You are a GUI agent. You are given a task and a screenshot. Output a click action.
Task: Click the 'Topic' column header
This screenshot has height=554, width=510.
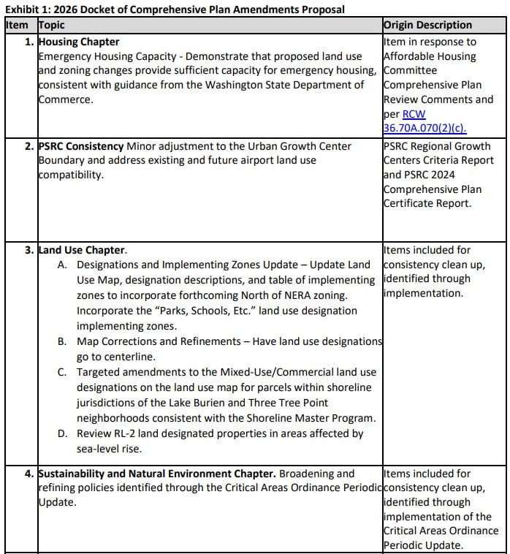pyautogui.click(x=51, y=25)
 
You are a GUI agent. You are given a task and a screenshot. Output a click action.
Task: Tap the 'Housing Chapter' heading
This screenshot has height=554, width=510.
pyautogui.click(x=79, y=42)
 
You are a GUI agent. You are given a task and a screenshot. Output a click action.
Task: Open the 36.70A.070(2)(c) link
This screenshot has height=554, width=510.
pyautogui.click(x=425, y=129)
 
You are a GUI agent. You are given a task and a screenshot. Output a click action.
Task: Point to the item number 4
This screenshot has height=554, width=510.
pyautogui.click(x=29, y=474)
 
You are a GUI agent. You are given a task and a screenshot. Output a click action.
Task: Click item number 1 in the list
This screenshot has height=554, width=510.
pyautogui.click(x=29, y=42)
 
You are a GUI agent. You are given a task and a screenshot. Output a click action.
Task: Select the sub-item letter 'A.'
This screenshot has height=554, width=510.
pyautogui.click(x=63, y=265)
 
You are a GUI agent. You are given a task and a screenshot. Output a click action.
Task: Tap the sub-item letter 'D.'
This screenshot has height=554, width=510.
pyautogui.click(x=63, y=433)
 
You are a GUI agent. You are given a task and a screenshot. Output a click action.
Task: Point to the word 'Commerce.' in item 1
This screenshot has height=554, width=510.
pyautogui.click(x=66, y=99)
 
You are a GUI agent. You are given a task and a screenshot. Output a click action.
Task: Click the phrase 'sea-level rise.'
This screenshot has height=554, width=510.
pyautogui.click(x=109, y=449)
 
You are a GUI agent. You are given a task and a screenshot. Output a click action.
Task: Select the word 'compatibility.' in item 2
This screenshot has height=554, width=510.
pyautogui.click(x=71, y=175)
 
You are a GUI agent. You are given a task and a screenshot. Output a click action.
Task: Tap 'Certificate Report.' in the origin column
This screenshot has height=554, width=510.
pyautogui.click(x=427, y=203)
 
